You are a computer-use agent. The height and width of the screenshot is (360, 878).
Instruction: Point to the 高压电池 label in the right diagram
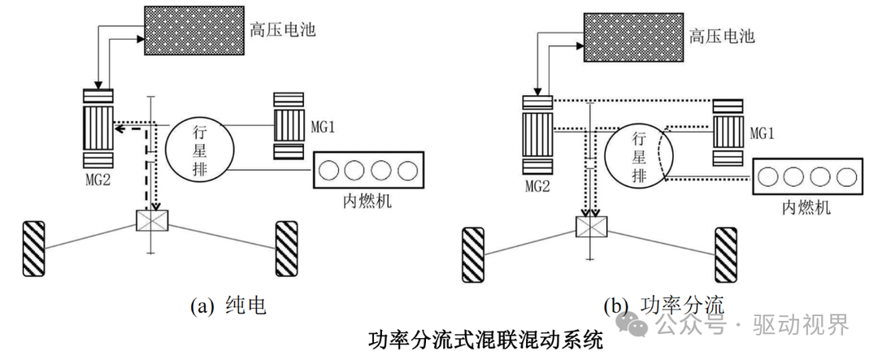pos(722,36)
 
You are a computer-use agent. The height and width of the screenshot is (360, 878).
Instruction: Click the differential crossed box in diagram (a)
pos(151,219)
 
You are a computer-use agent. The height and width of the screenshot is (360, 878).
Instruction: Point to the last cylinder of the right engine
pos(848,176)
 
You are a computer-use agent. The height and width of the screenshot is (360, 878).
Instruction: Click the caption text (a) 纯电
pos(228,306)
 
